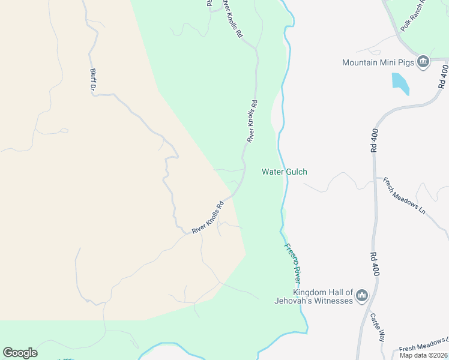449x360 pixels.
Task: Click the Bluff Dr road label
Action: [x=93, y=79]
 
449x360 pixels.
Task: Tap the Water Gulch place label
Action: [x=285, y=172]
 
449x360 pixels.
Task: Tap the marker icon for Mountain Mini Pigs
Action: [x=423, y=62]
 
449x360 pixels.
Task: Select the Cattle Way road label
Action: [x=378, y=327]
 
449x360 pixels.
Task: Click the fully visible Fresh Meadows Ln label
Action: [x=404, y=196]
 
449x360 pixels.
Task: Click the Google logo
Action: [x=20, y=353]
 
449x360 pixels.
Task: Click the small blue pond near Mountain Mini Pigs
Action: [x=400, y=83]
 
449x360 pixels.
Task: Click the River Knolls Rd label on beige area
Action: [x=208, y=217]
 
